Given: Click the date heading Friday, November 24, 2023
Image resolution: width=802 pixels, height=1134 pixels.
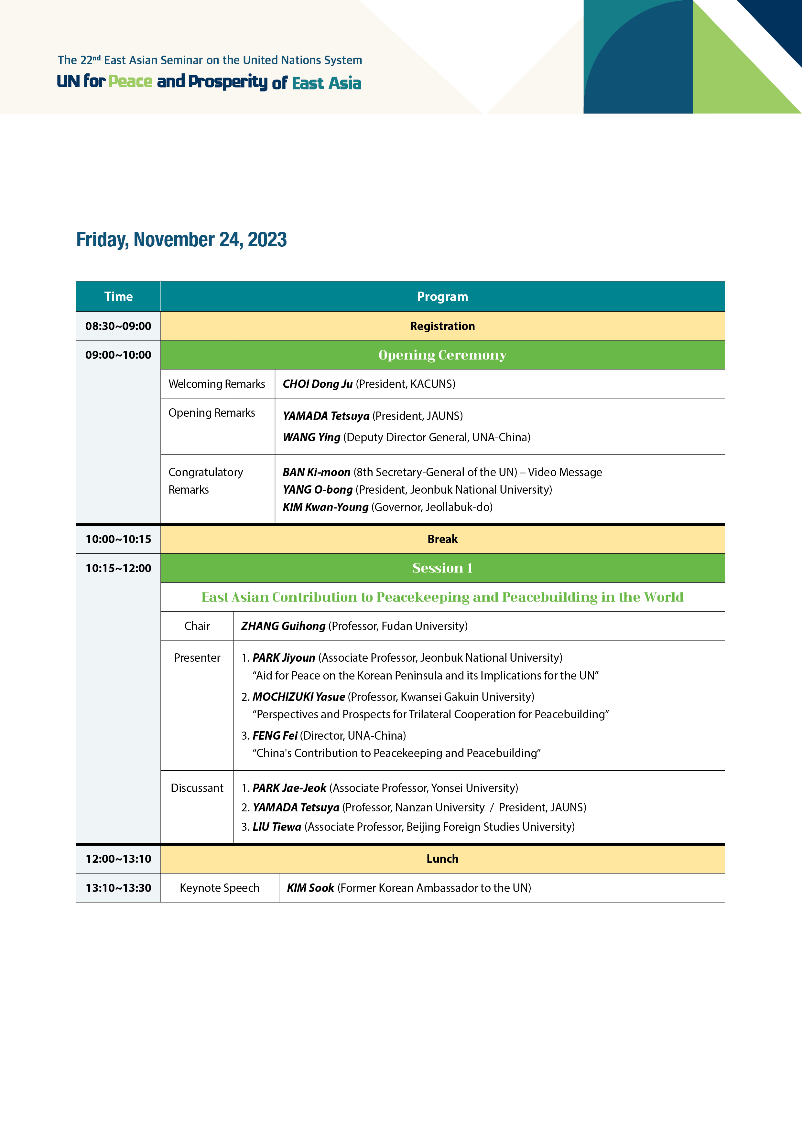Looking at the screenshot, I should [181, 240].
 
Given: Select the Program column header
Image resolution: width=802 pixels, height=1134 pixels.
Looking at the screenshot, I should [442, 296].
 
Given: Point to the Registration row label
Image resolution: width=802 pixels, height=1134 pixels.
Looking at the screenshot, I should [442, 326].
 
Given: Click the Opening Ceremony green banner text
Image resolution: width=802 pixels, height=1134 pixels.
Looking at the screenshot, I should [442, 355].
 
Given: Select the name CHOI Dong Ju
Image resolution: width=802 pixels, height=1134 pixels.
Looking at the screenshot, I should [317, 384].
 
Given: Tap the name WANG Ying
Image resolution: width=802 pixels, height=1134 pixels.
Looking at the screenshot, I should [311, 437].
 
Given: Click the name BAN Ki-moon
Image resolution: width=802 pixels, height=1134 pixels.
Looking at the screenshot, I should [316, 472].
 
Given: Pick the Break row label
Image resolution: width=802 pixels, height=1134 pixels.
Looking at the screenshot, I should [442, 539].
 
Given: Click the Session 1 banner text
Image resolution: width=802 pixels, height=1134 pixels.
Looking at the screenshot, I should [442, 568].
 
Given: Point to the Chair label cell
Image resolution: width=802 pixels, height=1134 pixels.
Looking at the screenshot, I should [197, 626].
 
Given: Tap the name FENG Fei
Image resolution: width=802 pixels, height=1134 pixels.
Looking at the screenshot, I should [275, 735].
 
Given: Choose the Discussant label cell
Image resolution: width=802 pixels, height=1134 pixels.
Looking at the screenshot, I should [197, 788].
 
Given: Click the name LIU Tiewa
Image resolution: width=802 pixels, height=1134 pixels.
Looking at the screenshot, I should [277, 827].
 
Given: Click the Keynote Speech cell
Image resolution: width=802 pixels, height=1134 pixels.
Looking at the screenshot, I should [219, 888].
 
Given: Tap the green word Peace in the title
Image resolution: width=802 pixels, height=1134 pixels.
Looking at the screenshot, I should [130, 81].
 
